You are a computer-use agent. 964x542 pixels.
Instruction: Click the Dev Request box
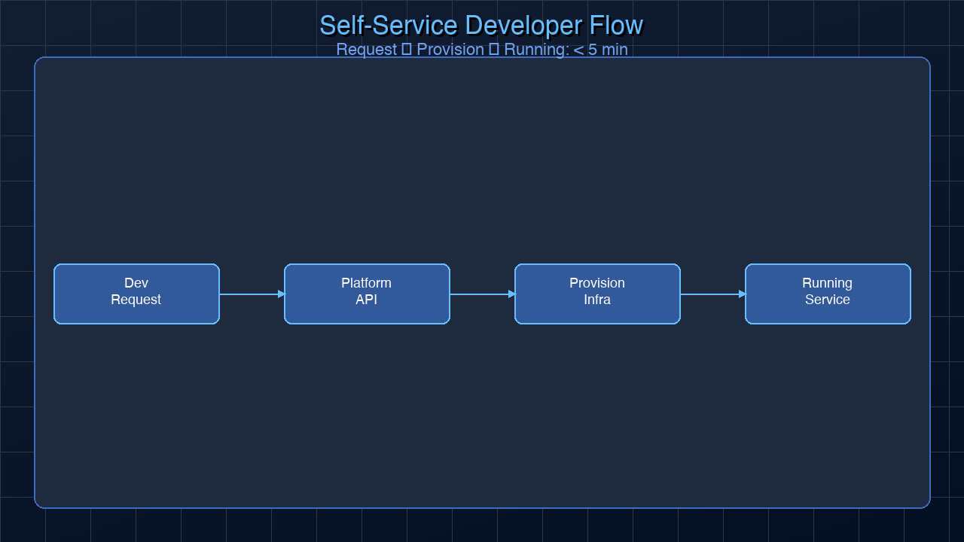136,294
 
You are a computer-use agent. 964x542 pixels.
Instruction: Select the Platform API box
367,294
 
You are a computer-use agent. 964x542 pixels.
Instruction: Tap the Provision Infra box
597,294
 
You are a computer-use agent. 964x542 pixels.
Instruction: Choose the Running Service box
828,294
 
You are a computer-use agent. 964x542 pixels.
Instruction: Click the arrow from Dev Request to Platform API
252,294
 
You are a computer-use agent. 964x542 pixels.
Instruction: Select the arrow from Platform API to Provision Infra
482,294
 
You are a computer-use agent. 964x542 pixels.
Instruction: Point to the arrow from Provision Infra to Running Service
712,294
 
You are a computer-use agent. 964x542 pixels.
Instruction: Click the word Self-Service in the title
388,26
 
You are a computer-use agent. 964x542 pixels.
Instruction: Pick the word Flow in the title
616,26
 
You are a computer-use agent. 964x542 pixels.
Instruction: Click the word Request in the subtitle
366,50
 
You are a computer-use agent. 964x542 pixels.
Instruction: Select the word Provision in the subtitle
450,50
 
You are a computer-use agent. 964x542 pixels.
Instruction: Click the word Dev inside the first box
136,283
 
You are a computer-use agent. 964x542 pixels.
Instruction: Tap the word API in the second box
367,300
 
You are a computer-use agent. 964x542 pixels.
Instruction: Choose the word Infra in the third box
597,300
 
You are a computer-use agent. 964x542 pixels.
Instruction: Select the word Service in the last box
828,300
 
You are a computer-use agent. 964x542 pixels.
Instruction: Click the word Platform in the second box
367,283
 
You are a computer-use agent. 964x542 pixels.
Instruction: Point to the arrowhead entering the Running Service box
742,294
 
